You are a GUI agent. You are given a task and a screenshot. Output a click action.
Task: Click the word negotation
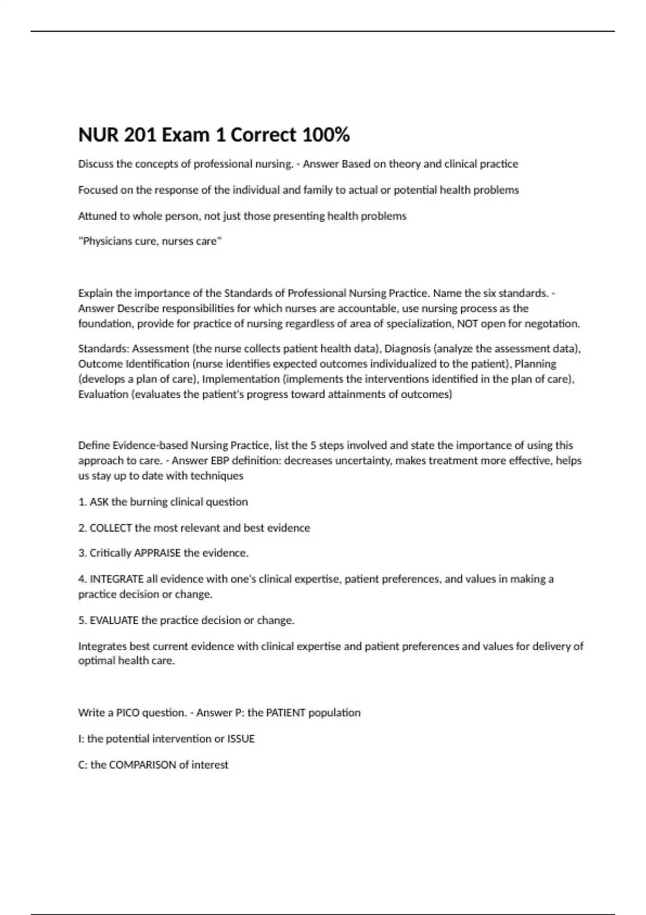click(x=552, y=323)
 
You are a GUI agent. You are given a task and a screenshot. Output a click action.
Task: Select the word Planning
click(x=535, y=364)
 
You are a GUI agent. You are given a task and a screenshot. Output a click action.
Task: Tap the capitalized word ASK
click(x=99, y=502)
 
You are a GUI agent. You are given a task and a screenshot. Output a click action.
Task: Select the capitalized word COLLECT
click(x=111, y=528)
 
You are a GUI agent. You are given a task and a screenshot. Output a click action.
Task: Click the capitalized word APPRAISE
click(x=157, y=553)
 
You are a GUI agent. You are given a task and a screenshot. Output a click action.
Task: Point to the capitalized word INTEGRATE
click(x=117, y=579)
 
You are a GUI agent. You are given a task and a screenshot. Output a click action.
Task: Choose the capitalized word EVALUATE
click(x=114, y=620)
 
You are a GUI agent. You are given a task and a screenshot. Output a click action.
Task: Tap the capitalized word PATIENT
click(x=286, y=713)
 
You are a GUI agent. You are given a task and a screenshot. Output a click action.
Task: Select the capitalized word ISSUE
click(x=241, y=738)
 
